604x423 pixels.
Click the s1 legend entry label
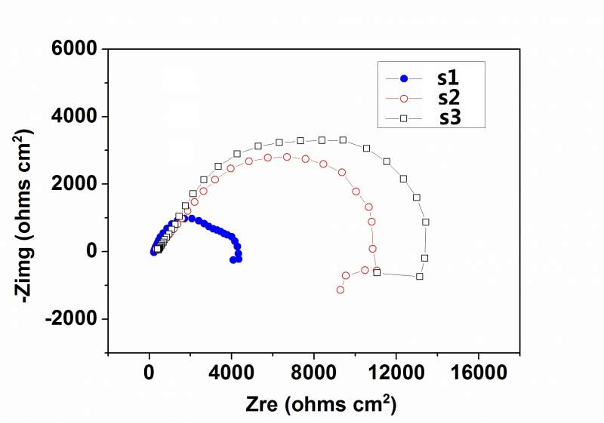448,78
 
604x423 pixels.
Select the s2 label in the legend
448,98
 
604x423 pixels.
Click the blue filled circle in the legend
404,78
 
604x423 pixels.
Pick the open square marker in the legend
404,118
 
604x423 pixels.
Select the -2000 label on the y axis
73,319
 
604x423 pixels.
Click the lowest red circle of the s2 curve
341,290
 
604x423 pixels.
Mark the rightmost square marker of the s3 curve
426,222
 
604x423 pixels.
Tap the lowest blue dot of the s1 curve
233,260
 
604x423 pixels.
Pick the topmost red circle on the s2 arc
287,157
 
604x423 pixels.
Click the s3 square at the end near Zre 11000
377,272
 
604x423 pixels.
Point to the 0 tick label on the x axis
149,372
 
